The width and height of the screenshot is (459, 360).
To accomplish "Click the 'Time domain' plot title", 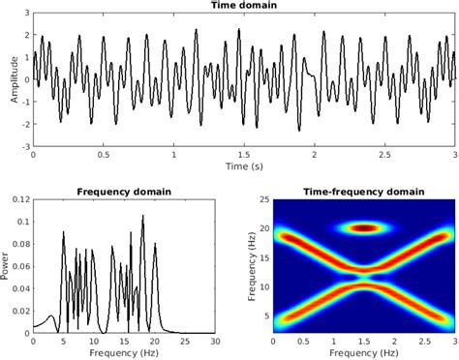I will pos(244,7).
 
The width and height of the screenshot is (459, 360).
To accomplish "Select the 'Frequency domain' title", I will pos(123,191).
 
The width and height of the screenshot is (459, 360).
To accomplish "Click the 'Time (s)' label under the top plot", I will pos(244,167).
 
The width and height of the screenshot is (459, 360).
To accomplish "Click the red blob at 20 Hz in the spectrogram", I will pos(364,228).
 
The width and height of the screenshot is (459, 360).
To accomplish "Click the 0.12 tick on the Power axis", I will pos(20,200).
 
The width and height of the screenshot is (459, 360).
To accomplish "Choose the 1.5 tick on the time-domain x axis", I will pos(244,155).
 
